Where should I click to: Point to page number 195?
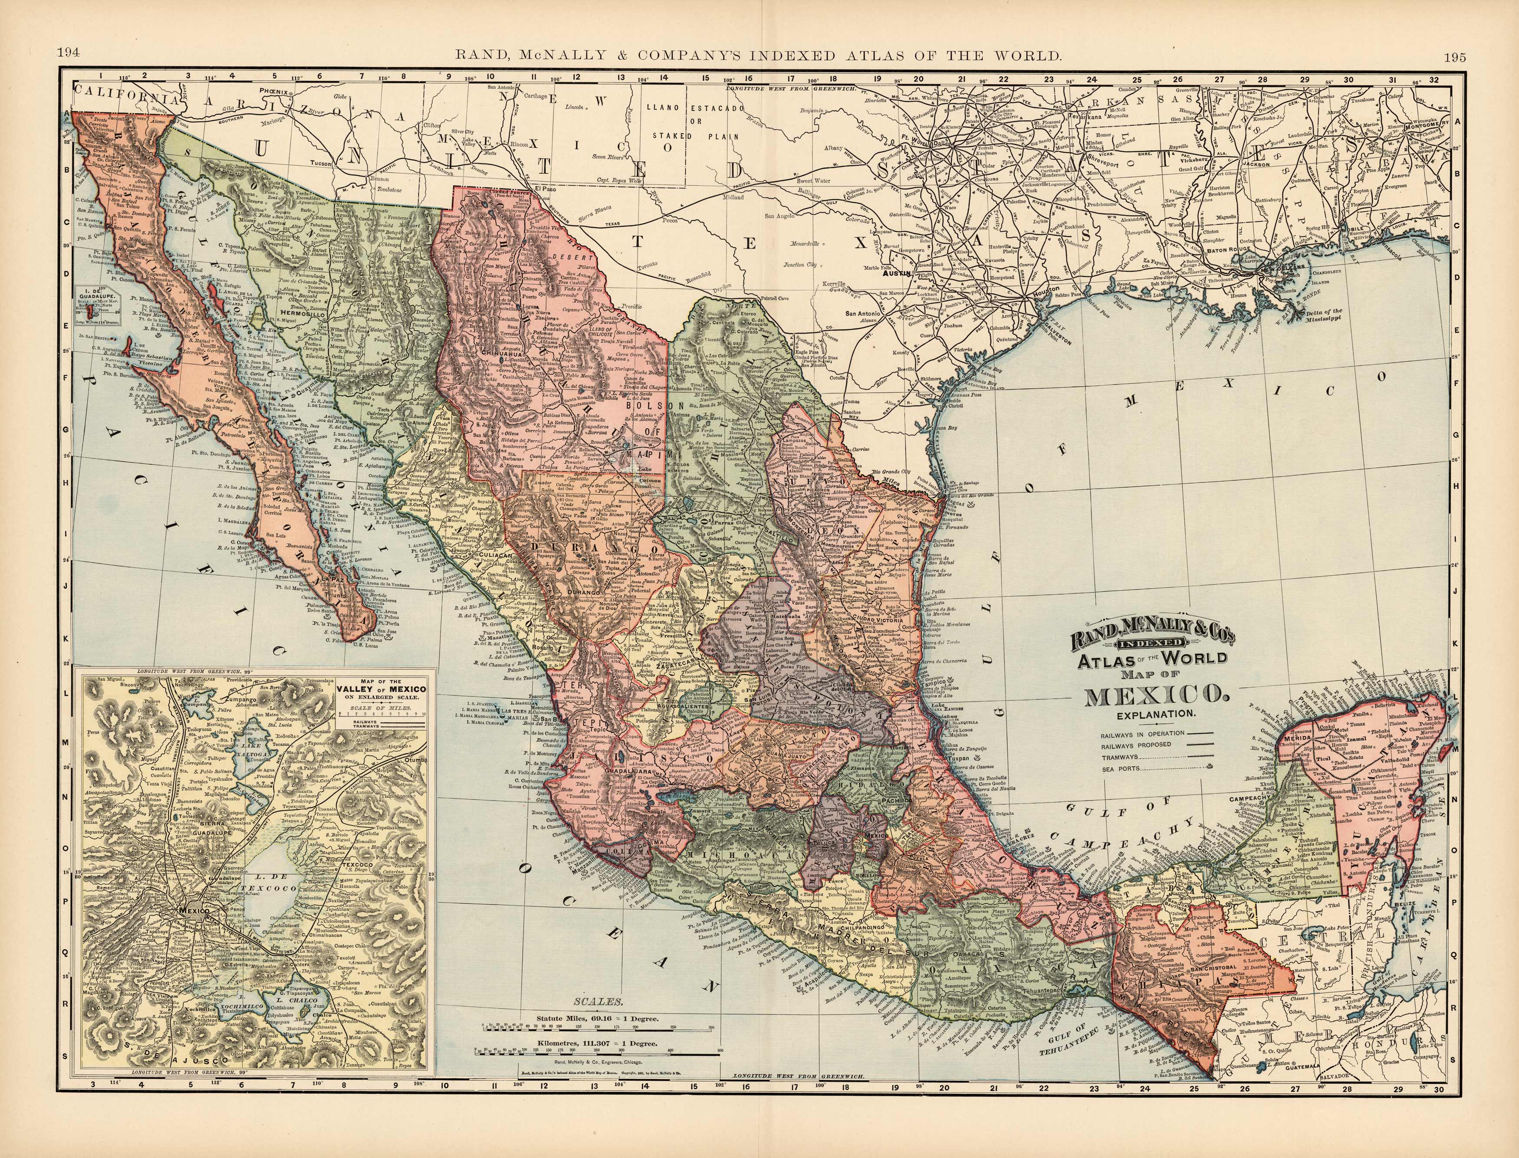[1450, 57]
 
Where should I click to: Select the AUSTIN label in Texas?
[898, 274]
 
